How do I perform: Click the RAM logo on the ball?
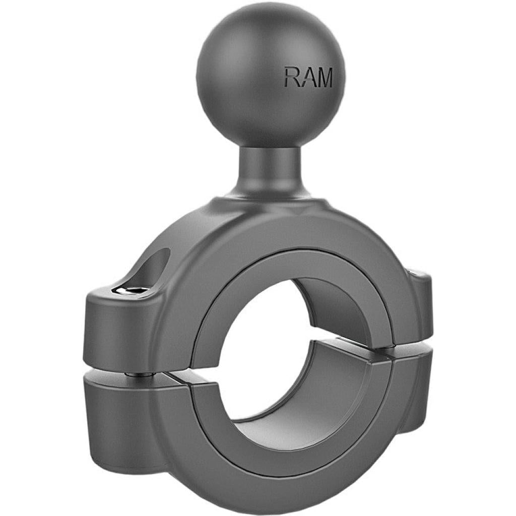308,78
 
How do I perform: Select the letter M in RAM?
324,78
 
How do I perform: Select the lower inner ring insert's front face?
282,448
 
